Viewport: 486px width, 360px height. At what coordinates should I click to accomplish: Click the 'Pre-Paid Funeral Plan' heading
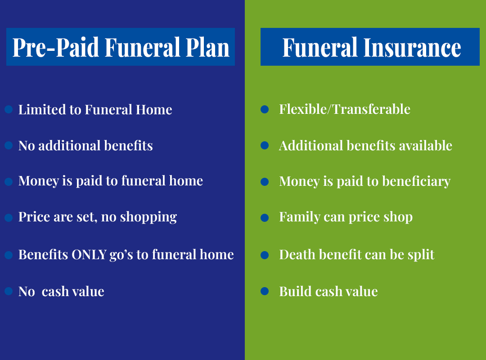121,47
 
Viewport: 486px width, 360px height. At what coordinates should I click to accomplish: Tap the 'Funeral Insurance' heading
371,47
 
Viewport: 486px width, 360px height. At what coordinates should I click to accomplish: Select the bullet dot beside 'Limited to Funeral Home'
9,109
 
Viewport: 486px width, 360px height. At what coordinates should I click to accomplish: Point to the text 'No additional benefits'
85,146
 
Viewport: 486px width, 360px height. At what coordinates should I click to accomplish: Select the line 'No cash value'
61,292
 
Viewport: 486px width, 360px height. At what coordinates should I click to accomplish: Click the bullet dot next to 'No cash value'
9,291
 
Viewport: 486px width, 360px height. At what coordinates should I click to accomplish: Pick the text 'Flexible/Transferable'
345,109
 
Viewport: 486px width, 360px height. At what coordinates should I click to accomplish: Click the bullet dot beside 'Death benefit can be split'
265,255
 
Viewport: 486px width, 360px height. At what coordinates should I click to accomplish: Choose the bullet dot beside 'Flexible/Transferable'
265,109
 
